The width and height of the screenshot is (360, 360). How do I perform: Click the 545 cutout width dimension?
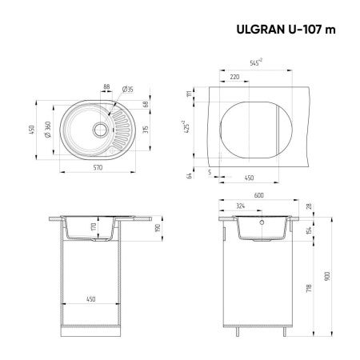255,62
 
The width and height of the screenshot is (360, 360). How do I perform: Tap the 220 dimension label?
234,77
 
